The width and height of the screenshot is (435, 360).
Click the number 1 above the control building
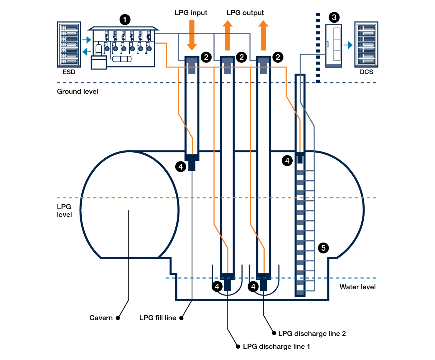[x=125, y=20]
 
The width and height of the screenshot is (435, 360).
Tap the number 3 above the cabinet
[x=334, y=17]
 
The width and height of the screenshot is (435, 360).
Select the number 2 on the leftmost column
[x=206, y=57]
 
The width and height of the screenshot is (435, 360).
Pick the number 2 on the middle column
[x=242, y=57]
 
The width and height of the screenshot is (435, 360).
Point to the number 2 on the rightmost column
[x=278, y=57]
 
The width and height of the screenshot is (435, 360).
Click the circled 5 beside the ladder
[x=323, y=248]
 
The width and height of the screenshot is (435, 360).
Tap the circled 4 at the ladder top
[x=287, y=161]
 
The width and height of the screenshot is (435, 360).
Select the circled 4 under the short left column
[x=181, y=167]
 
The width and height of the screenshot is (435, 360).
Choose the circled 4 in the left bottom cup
[x=217, y=286]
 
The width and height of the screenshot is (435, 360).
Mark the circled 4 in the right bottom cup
[x=253, y=286]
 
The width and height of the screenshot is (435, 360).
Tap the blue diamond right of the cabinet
[x=348, y=45]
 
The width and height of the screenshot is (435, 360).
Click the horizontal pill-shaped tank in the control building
[x=122, y=59]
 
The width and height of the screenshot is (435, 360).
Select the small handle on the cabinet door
[x=327, y=44]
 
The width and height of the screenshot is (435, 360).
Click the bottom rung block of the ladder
[x=300, y=293]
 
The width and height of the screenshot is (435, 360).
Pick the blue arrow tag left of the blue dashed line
[x=161, y=280]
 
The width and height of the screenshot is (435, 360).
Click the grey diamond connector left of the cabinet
[x=323, y=54]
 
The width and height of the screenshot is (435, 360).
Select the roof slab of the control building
[x=123, y=29]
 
